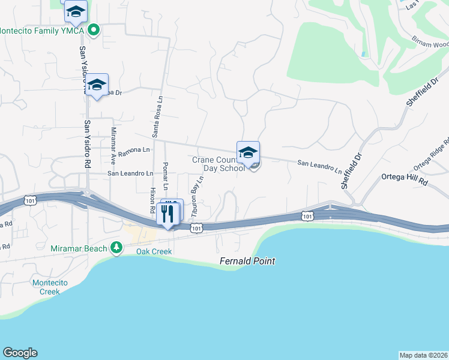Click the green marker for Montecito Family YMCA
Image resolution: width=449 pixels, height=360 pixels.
click(94, 29)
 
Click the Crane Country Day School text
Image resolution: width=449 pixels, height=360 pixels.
click(218, 164)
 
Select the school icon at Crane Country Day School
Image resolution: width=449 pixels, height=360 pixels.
click(248, 153)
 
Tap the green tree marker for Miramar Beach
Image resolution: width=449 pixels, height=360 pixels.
click(116, 248)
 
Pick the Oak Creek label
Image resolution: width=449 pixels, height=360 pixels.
click(154, 251)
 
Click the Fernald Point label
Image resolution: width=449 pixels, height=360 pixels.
click(247, 261)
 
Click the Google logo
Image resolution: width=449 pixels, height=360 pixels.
click(20, 353)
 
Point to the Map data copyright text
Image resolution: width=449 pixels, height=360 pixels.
click(423, 355)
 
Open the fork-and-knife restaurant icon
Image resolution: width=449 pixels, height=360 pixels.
click(167, 214)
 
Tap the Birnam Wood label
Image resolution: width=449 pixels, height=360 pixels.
click(430, 43)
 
